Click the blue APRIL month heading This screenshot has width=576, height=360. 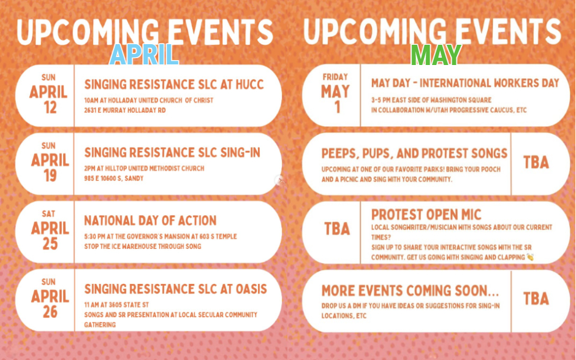(144, 55)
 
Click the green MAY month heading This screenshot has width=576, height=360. (436, 55)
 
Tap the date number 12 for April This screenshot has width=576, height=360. (50, 108)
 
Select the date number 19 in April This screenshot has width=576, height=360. (50, 176)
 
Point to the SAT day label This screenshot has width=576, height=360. (48, 213)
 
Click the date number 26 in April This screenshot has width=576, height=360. (50, 312)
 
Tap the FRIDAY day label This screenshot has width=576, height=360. (335, 77)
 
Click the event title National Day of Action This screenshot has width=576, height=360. (150, 221)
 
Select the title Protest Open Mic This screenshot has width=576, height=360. (426, 215)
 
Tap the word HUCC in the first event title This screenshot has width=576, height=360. (249, 85)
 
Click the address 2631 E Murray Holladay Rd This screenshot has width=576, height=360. (125, 110)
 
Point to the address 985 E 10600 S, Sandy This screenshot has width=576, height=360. (114, 178)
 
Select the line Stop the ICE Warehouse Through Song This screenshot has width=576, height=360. (143, 247)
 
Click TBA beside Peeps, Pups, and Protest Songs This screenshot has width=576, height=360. (536, 162)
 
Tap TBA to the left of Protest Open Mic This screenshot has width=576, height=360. (337, 229)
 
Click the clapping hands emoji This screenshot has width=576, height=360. (529, 257)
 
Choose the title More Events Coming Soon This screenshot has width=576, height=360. (411, 291)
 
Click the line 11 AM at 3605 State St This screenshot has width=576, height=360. (116, 305)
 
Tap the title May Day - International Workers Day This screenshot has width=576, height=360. (465, 83)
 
